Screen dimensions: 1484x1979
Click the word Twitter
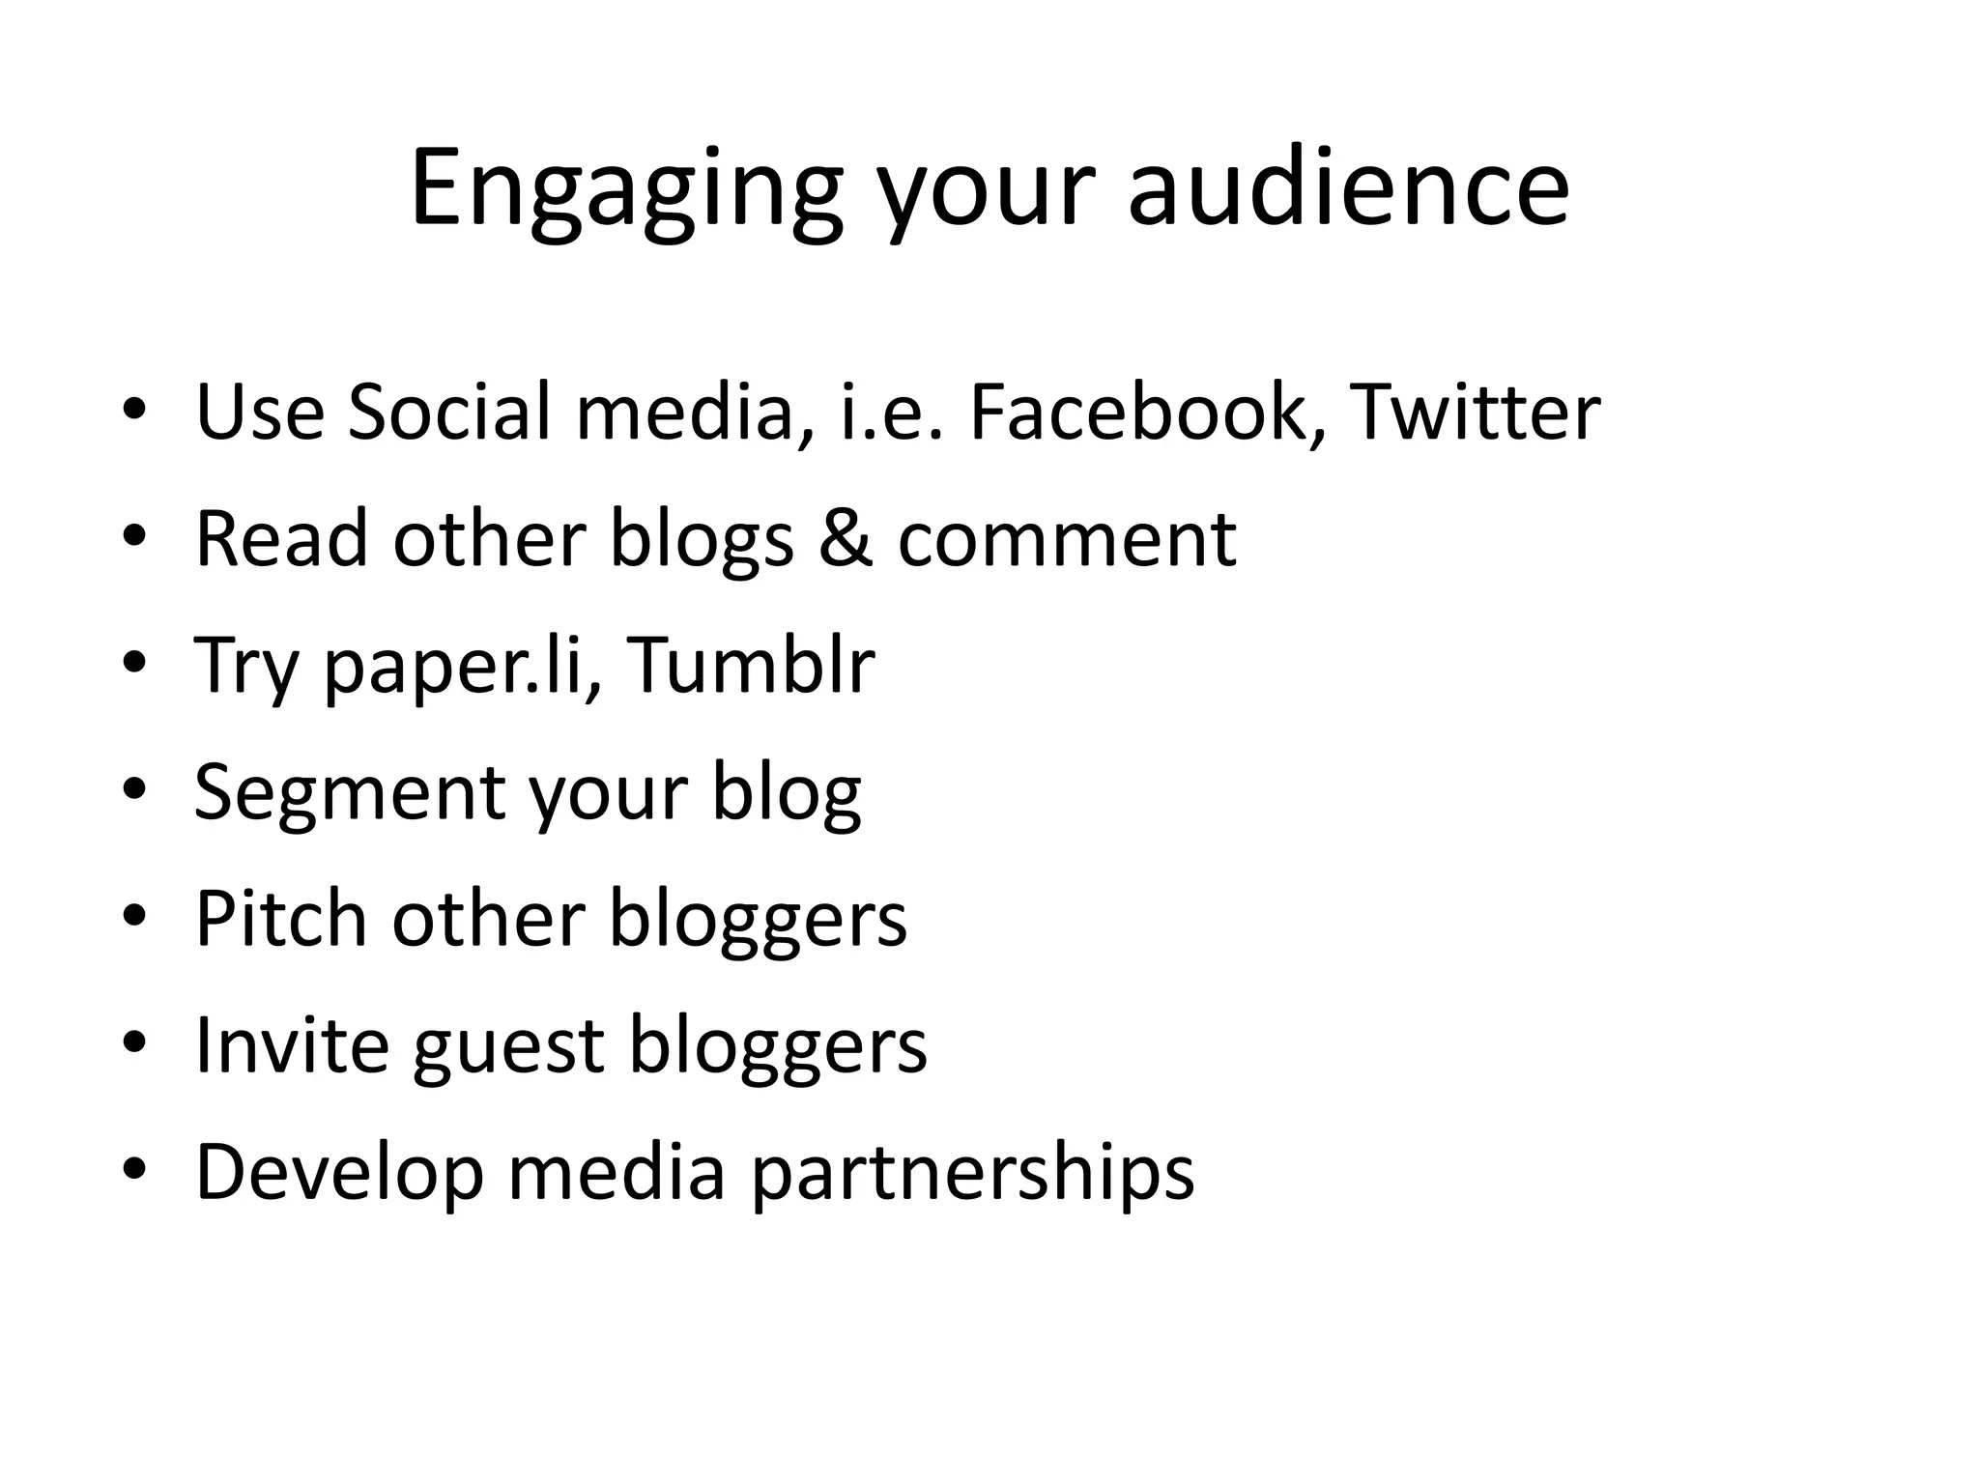(x=1475, y=413)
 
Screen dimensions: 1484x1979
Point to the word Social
(x=449, y=413)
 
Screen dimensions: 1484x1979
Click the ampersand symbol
(x=846, y=539)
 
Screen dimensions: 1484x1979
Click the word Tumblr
(x=752, y=666)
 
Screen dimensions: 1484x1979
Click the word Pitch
(x=281, y=919)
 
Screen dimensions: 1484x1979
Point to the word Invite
(x=291, y=1045)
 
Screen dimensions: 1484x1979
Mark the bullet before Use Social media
(x=134, y=410)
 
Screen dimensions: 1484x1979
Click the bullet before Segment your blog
(x=134, y=789)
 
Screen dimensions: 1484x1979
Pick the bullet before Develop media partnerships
(x=134, y=1170)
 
